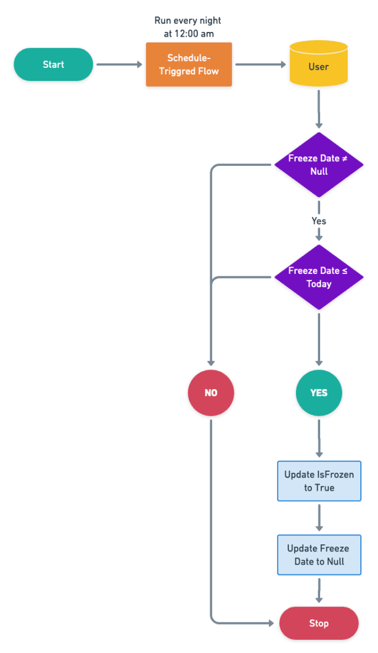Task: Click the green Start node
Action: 53,64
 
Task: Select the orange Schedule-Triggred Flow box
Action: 189,64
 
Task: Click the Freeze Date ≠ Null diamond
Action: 319,165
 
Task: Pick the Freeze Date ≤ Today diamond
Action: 319,277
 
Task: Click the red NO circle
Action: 211,393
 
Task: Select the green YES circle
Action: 319,393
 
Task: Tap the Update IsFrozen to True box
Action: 320,481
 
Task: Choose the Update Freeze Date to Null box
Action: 320,555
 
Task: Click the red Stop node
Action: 319,623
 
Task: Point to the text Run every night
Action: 188,21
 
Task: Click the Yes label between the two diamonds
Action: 319,221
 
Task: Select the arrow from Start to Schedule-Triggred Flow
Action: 120,64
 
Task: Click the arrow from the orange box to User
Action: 261,64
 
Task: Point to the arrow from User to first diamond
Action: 319,109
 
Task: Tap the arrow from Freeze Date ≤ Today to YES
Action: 319,339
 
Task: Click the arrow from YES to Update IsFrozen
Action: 319,438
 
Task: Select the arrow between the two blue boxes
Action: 320,518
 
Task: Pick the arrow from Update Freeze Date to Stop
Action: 320,590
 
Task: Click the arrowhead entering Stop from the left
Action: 271,623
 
